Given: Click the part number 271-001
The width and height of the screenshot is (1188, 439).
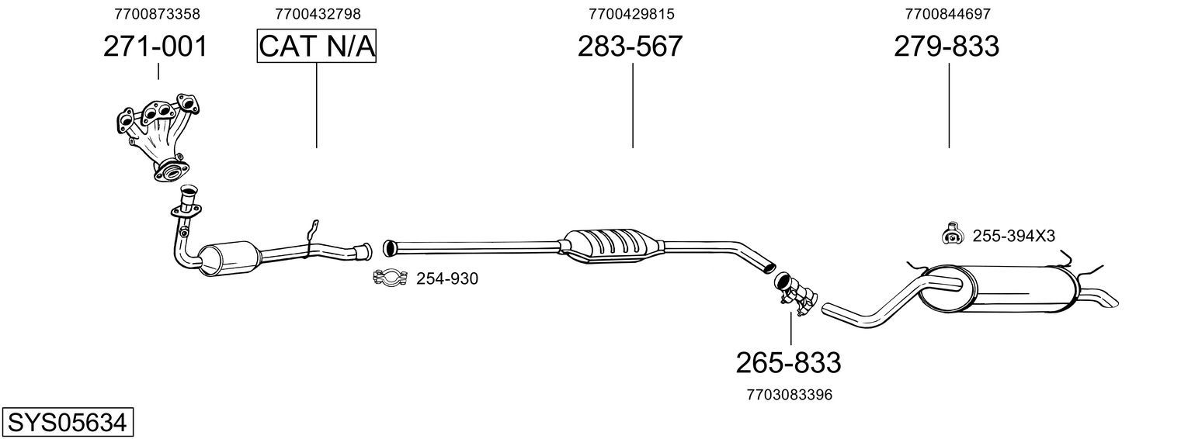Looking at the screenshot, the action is click(155, 47).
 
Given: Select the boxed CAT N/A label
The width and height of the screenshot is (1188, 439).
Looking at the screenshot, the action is click(317, 46).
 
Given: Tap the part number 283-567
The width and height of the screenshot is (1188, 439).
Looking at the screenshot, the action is click(630, 47).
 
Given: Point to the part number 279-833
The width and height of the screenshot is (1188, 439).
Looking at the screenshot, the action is click(947, 47).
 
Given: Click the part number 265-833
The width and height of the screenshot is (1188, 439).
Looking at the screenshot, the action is click(789, 363).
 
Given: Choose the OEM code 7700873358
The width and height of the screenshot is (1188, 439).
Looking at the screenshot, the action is click(158, 14).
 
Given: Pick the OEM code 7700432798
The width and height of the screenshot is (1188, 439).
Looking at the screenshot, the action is click(318, 14).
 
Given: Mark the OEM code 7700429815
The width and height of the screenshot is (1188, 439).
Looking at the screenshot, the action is click(631, 14).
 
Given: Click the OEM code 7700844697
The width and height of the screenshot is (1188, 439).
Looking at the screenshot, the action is click(948, 14).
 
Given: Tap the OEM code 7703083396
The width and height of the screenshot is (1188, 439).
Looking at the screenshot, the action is click(790, 395).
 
